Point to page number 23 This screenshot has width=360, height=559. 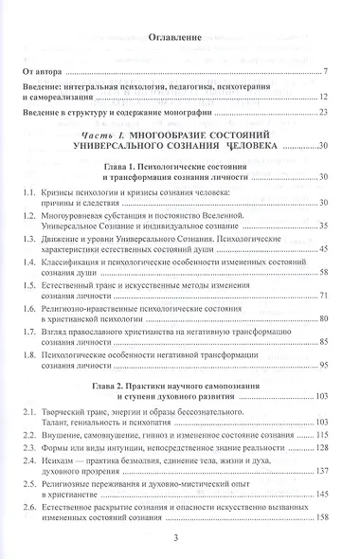click(x=322, y=115)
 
